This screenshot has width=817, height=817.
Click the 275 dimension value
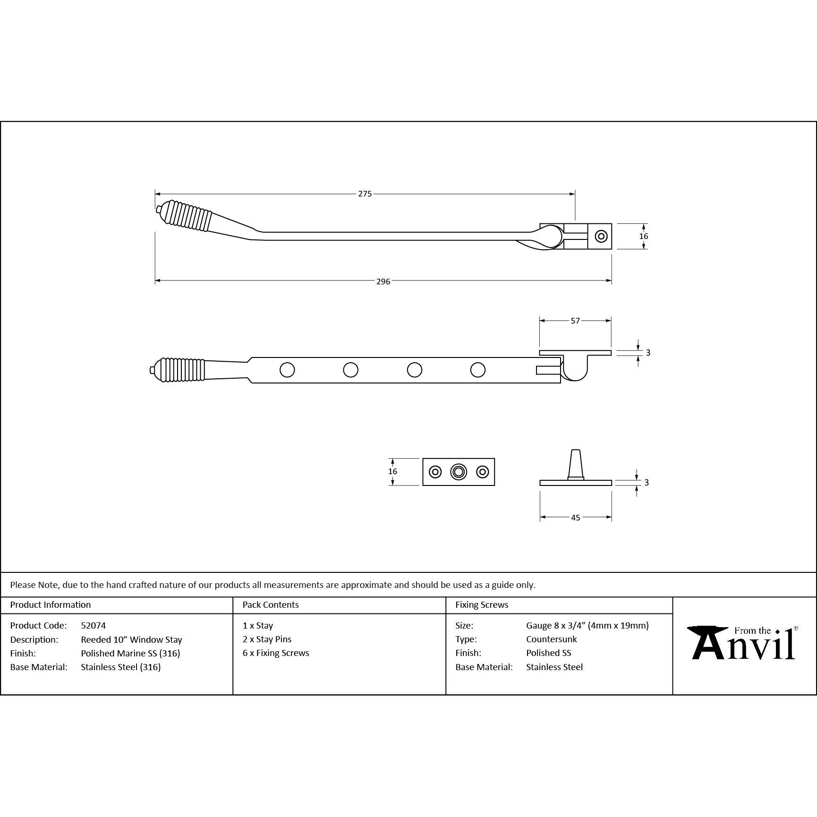point(365,194)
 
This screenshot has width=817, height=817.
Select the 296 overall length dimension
point(383,281)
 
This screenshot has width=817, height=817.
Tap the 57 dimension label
point(575,321)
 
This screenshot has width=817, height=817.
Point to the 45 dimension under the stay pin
point(575,518)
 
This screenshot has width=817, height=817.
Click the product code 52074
point(93,625)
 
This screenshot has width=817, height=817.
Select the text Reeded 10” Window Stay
point(131,639)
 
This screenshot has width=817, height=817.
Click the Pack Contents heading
point(271,604)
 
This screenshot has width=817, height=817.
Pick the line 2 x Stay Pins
point(267,639)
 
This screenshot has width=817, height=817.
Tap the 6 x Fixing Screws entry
point(276,653)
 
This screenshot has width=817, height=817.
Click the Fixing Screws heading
point(482,604)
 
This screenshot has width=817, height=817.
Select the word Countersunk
point(551,639)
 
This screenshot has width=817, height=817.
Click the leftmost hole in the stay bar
point(287,370)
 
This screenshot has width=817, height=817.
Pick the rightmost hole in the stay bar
point(478,370)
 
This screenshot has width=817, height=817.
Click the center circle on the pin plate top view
point(459,472)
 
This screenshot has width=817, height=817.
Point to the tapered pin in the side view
point(575,464)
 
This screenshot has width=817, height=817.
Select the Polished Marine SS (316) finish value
point(130,653)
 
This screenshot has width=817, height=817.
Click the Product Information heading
point(51,604)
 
